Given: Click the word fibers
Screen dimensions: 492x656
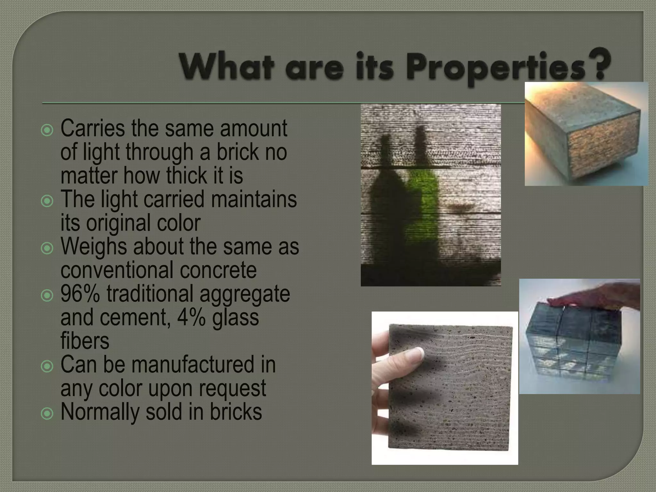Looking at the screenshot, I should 85,340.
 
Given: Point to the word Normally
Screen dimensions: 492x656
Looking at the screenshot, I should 100,412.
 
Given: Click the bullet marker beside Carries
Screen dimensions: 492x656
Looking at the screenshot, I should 47,130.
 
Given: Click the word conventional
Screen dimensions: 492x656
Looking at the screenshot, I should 117,270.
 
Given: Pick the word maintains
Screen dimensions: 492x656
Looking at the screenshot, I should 254,199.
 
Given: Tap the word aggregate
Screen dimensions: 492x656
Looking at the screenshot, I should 245,293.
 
